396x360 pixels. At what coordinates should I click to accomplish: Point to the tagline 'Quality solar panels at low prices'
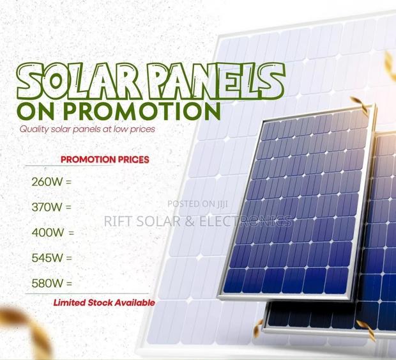point(88,129)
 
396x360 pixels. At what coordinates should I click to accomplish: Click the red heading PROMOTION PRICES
point(105,159)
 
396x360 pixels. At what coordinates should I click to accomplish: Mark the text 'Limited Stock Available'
point(104,302)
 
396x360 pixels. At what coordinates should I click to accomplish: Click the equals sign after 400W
point(71,233)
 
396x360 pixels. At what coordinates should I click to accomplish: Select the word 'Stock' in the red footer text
point(100,302)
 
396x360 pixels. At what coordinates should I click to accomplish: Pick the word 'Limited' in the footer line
point(69,302)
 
